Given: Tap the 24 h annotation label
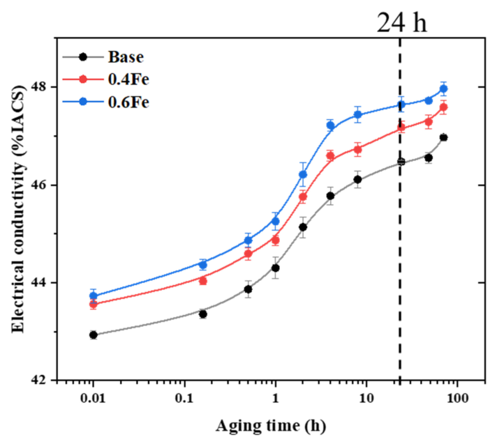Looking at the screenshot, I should point(402,23).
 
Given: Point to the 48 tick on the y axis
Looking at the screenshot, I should point(44,88).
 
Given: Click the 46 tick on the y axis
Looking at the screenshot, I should point(44,185).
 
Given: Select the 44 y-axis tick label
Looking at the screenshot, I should point(44,283).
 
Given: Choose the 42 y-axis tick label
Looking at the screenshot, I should point(44,380).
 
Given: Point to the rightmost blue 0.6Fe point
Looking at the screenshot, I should point(443,89).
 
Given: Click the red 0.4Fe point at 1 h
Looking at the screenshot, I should point(275,240).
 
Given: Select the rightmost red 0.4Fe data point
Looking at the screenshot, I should point(443,107).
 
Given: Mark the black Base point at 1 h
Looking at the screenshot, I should point(275,268).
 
